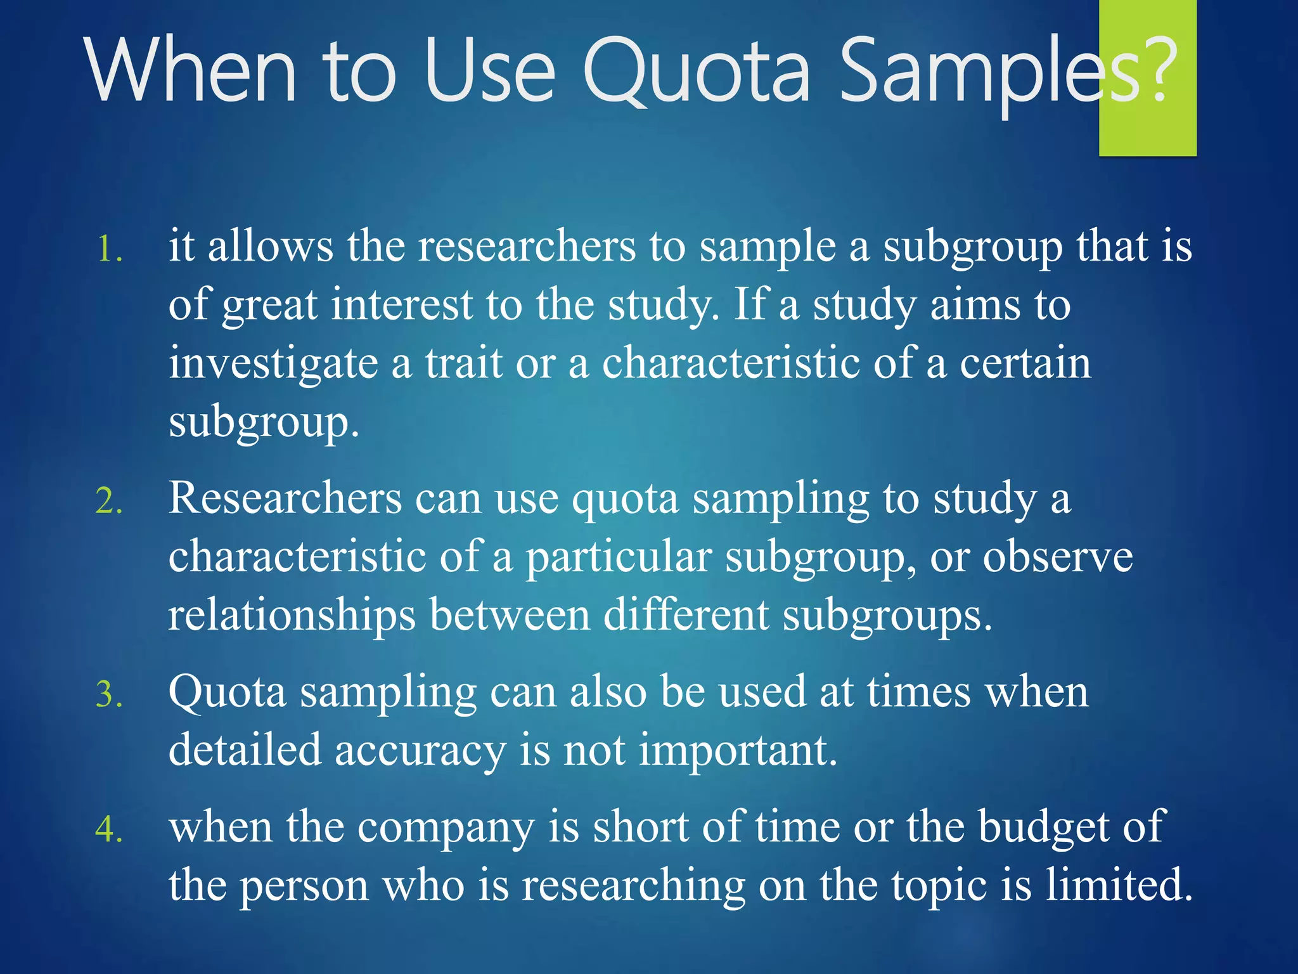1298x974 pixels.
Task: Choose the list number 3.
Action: coord(108,694)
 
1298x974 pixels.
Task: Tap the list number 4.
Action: coord(108,829)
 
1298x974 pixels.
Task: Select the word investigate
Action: coord(273,365)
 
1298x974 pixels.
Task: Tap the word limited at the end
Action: coord(1118,885)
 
